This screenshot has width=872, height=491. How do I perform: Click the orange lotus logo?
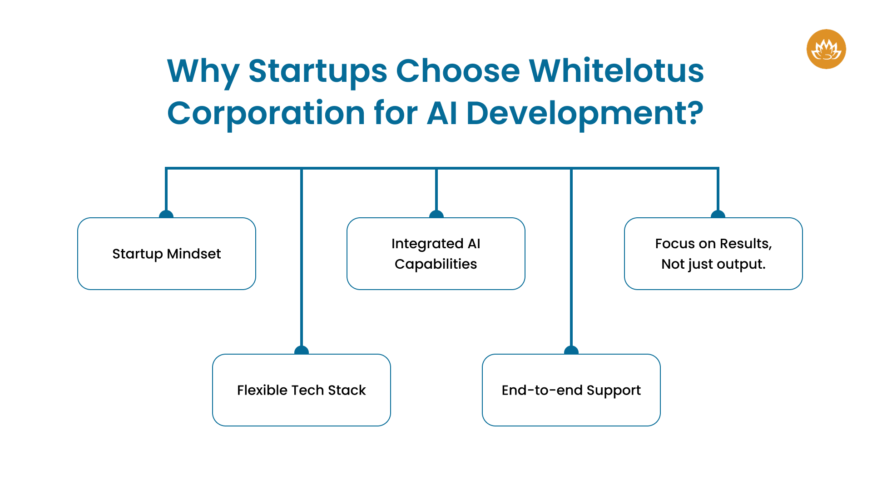tap(826, 49)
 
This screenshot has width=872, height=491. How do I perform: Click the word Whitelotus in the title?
tap(616, 71)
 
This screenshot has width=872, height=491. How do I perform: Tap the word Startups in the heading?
tap(317, 71)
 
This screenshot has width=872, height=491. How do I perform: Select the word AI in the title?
tap(441, 113)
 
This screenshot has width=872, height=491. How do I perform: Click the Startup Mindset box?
tap(167, 254)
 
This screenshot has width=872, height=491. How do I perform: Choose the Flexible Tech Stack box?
tap(302, 390)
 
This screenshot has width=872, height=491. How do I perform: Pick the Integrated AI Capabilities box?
tap(436, 254)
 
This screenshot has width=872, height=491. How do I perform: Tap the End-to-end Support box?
tap(571, 390)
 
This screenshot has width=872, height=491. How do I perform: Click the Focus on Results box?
tap(713, 254)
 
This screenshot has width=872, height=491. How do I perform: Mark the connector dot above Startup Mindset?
tap(166, 215)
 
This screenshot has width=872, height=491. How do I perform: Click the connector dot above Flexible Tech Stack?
tap(302, 351)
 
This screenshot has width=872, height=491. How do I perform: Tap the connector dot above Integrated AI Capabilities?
tap(436, 215)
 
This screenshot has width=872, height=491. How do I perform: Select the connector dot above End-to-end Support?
tap(571, 351)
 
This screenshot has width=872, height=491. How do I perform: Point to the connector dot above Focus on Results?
tap(718, 215)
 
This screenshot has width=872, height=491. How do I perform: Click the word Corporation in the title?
tap(266, 113)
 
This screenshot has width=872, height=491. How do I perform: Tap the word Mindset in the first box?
tap(194, 254)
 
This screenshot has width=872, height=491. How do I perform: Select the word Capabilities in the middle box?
tap(436, 264)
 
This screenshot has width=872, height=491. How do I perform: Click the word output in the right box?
tap(741, 264)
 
